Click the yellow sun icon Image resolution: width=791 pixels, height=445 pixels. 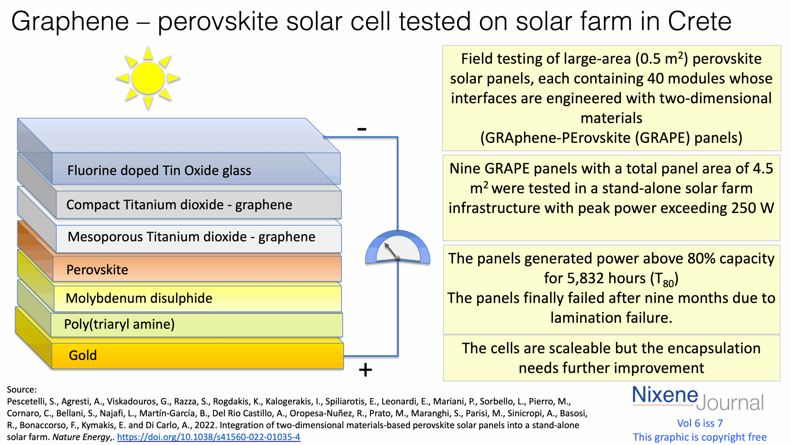(148, 78)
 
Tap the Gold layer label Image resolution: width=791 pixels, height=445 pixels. (82, 355)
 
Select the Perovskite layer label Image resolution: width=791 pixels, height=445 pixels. (97, 270)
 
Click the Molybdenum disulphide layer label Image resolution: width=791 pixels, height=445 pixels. (139, 298)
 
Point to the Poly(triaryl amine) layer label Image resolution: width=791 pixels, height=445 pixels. (119, 324)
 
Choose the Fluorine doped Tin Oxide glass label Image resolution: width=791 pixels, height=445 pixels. (159, 170)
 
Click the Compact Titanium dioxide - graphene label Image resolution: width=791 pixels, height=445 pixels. (179, 205)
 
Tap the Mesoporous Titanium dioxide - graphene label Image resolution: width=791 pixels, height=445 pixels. (191, 237)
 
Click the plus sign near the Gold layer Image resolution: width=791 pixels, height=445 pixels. (365, 370)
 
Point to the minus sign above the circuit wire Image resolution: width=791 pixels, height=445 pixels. (362, 129)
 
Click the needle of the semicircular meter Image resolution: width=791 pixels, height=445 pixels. (391, 251)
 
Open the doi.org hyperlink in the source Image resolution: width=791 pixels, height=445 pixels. (209, 437)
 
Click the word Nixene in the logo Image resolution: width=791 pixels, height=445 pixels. (665, 395)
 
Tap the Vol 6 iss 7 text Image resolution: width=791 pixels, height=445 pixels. (700, 423)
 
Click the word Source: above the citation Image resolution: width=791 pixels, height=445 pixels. (22, 389)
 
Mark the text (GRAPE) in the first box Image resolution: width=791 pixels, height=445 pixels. (662, 138)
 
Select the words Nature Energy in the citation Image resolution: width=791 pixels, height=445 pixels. (81, 437)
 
